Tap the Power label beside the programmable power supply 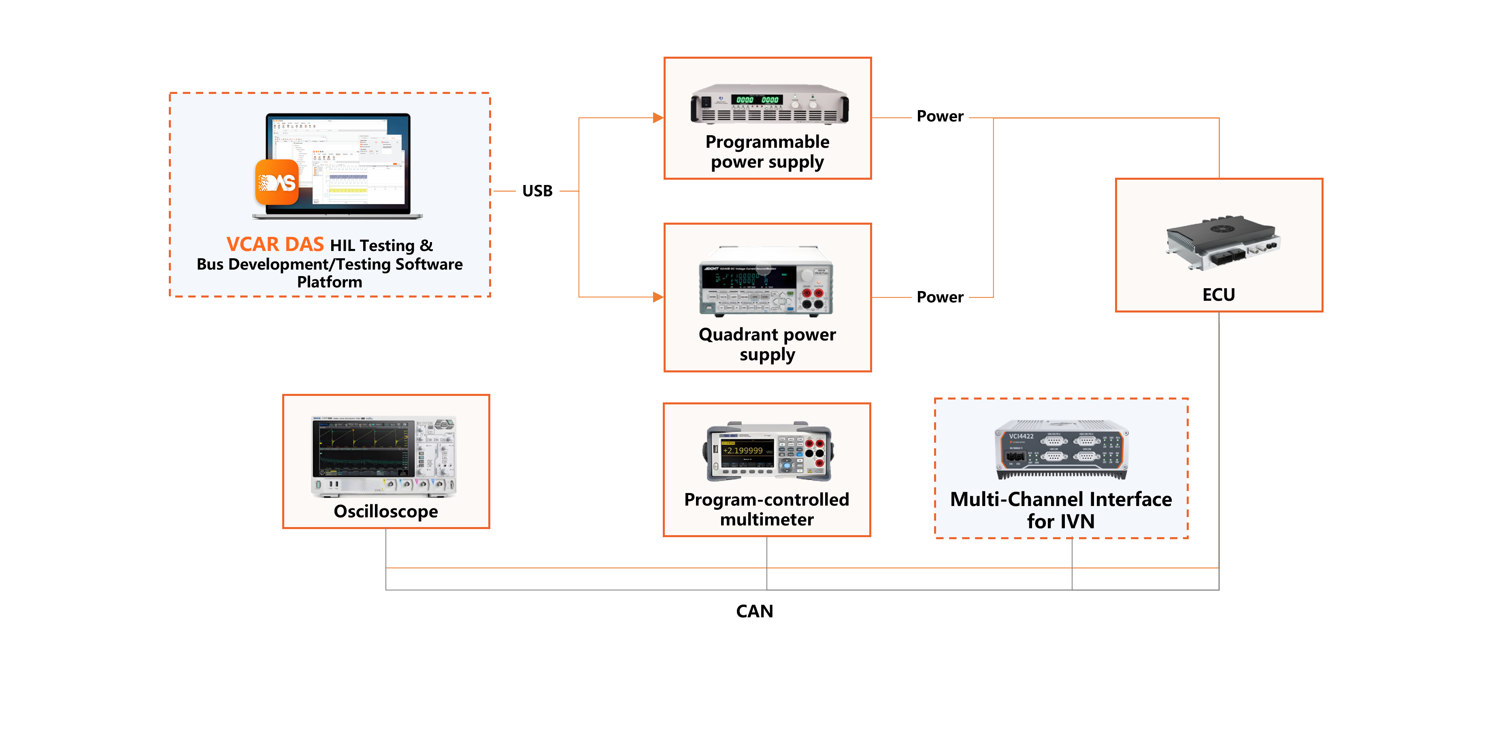(939, 117)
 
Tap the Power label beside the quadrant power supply (939, 297)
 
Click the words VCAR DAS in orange (275, 244)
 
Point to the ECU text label (1219, 295)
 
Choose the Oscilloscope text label (386, 511)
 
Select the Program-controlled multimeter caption (766, 509)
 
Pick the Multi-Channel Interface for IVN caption (1060, 510)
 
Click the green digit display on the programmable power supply (757, 100)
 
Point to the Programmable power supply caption (767, 152)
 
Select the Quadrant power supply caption (767, 344)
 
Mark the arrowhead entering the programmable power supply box (658, 118)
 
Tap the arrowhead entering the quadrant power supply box (658, 297)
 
